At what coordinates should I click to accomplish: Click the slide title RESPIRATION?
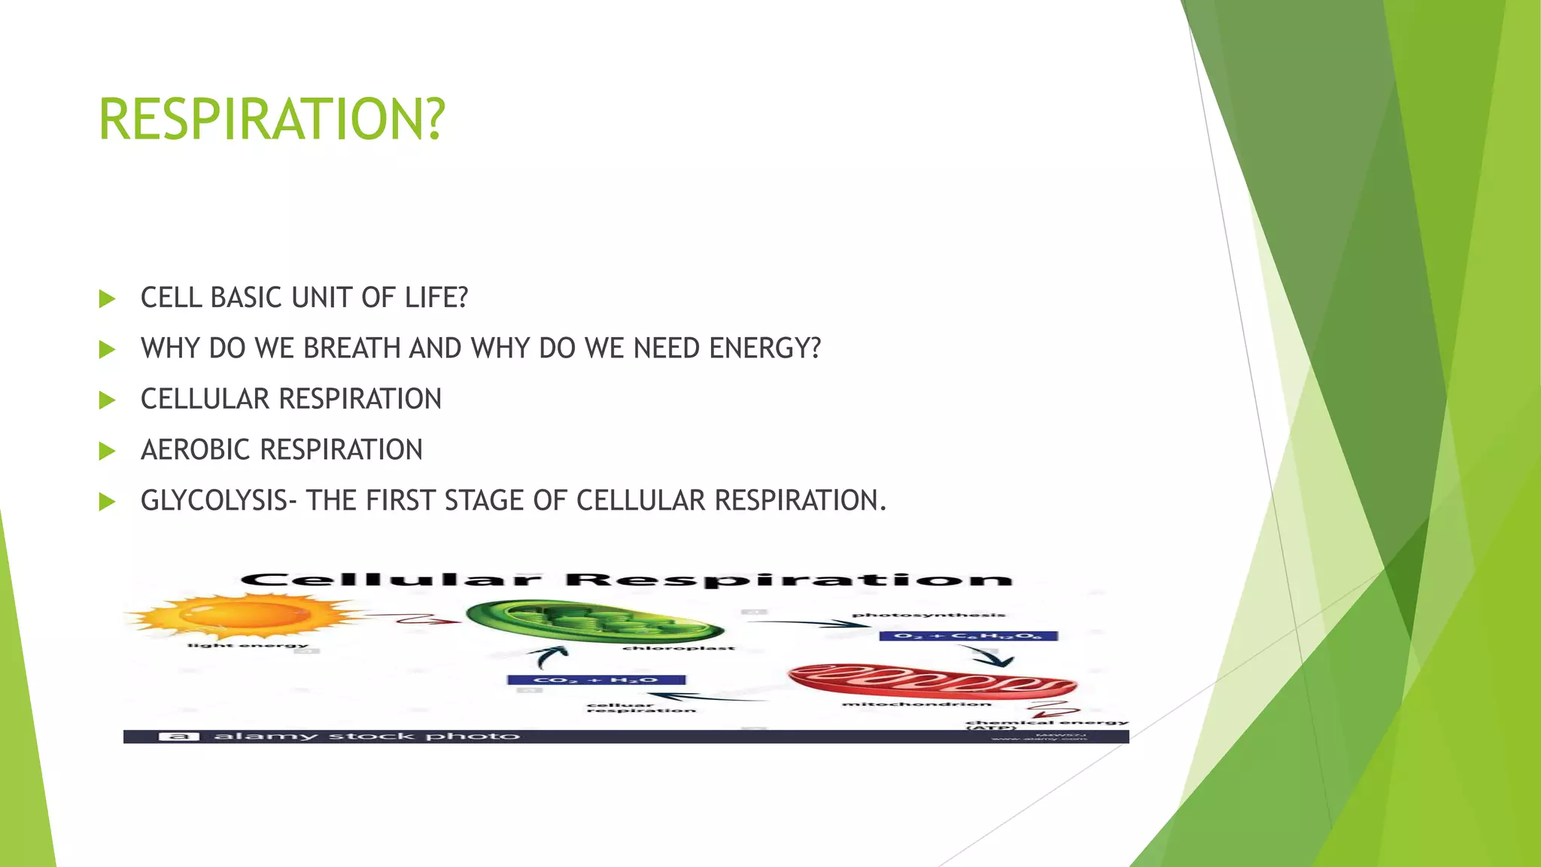pos(272,120)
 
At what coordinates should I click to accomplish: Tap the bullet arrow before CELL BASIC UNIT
pos(107,299)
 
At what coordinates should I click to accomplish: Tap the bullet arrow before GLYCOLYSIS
pos(107,501)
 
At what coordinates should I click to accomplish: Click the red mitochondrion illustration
pos(932,681)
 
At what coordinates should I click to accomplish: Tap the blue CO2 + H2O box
pos(596,680)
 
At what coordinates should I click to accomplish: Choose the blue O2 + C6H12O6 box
pos(968,636)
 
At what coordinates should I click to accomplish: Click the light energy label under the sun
pos(248,645)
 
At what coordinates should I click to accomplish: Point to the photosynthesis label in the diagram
pos(928,615)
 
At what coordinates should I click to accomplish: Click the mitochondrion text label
pos(916,704)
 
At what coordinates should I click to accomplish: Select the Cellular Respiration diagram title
pos(626,580)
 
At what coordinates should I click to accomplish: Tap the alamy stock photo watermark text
pos(366,736)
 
